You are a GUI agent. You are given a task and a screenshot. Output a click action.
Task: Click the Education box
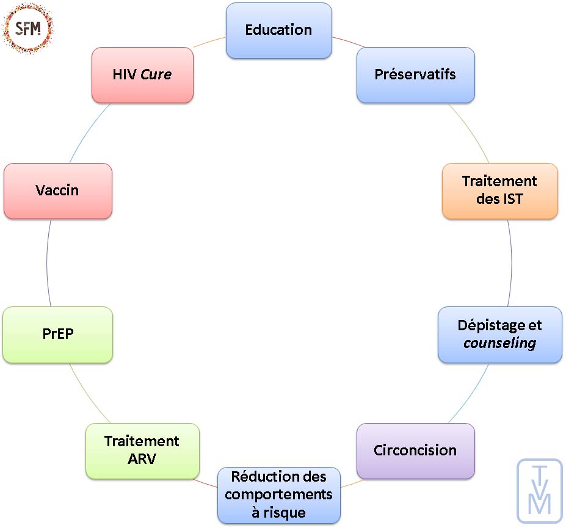[x=278, y=31]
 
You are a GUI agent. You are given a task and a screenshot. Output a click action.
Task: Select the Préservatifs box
[x=415, y=75]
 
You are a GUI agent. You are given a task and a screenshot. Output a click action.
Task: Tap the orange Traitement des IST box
[x=499, y=190]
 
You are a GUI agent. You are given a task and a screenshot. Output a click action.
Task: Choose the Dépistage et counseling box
[x=499, y=335]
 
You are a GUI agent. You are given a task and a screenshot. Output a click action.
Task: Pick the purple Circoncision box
[x=415, y=450]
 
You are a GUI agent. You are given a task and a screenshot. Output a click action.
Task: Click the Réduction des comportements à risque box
[x=278, y=494]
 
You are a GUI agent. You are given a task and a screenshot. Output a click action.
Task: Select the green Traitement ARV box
[x=142, y=450]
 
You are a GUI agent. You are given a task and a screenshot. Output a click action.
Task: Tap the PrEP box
[x=58, y=335]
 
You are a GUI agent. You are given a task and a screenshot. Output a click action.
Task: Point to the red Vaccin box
[x=58, y=190]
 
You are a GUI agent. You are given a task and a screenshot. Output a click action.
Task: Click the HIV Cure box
[x=142, y=75]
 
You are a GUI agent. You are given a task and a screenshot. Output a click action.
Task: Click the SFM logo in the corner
[x=28, y=27]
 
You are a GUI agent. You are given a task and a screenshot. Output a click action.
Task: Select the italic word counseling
[x=499, y=343]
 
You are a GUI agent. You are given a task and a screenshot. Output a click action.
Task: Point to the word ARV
[x=142, y=458]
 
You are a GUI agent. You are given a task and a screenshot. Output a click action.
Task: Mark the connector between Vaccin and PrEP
[x=47, y=262]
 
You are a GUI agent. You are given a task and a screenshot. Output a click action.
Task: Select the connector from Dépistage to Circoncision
[x=470, y=394]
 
